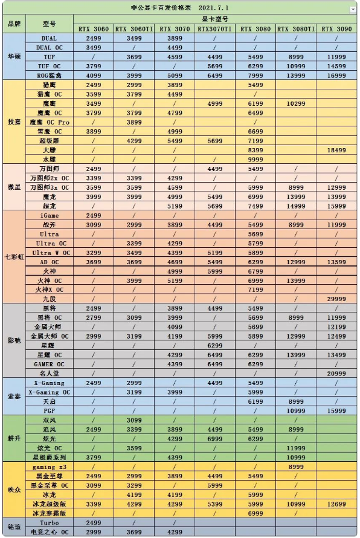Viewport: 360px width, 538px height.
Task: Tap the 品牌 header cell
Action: click(x=14, y=24)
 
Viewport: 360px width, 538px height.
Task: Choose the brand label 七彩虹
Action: click(x=14, y=257)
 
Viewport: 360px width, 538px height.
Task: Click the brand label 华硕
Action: click(x=14, y=56)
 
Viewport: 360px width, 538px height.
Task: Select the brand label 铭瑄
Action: click(x=14, y=527)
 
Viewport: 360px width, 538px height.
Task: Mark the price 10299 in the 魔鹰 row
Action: click(x=296, y=103)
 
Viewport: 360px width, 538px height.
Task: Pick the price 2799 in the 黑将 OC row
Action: click(x=94, y=317)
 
